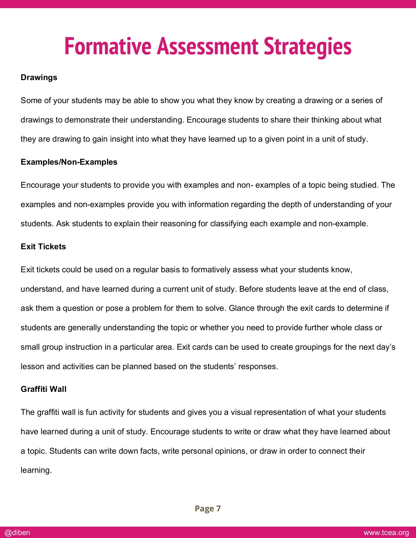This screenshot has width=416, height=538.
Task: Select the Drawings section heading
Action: [39, 77]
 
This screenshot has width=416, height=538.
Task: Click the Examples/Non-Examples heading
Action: [69, 162]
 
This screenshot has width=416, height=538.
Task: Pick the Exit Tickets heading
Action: [43, 247]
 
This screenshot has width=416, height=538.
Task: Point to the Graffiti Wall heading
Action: [44, 389]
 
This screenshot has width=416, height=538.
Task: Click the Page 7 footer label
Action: [208, 508]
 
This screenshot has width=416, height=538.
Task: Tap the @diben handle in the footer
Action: [17, 533]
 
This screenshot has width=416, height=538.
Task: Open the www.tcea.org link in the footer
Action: [386, 533]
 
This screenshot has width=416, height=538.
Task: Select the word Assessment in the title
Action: [207, 46]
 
